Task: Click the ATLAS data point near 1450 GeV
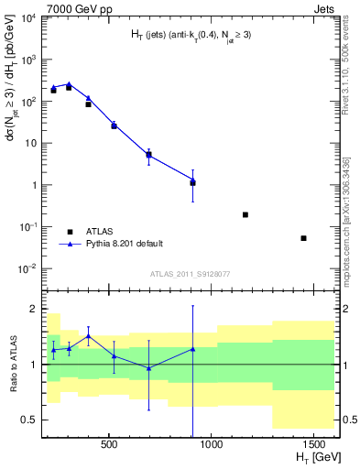click(303, 238)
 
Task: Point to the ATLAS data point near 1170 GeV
click(245, 214)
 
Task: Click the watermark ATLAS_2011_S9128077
click(190, 272)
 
